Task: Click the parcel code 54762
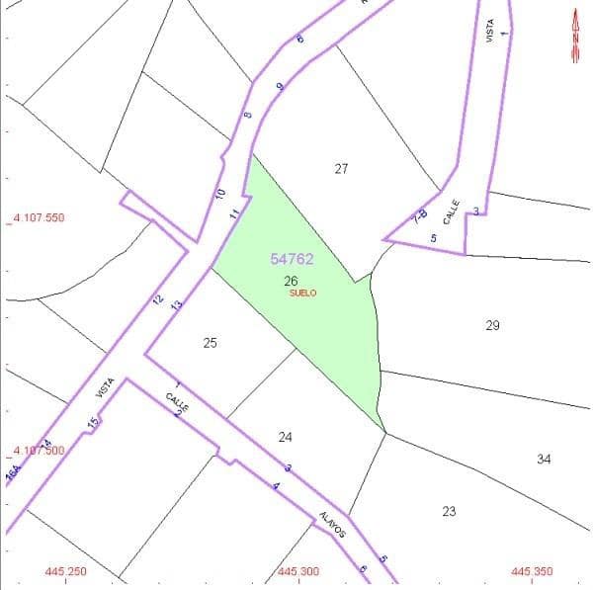[x=292, y=259]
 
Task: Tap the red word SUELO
[x=302, y=293]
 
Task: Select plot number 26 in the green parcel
[x=291, y=281]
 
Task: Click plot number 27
[x=341, y=169]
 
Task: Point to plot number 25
[x=210, y=343]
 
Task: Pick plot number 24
[x=285, y=437]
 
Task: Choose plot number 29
[x=492, y=325]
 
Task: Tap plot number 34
[x=544, y=459]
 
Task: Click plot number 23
[x=449, y=511]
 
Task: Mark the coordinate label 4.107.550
[x=37, y=217]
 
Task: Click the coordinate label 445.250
[x=66, y=571]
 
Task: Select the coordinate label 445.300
[x=298, y=571]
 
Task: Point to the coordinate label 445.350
[x=532, y=571]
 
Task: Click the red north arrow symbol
[x=575, y=37]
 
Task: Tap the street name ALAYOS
[x=332, y=524]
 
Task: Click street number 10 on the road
[x=220, y=194]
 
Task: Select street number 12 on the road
[x=157, y=298]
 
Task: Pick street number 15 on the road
[x=93, y=423]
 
